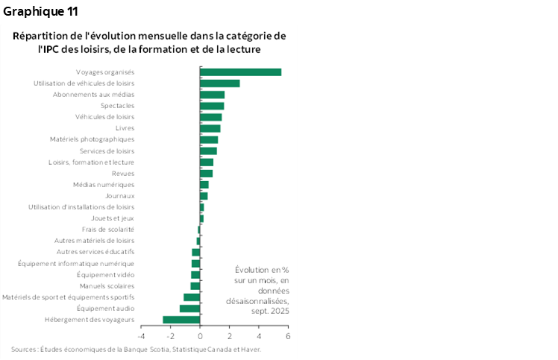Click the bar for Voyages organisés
[x=240, y=72]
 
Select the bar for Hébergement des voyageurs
[x=181, y=320]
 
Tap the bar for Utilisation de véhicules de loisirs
[x=219, y=83]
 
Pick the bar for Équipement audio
[x=189, y=309]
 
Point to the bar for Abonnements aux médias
[x=212, y=95]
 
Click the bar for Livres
[x=210, y=128]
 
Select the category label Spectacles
[x=117, y=106]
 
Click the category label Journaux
[x=119, y=196]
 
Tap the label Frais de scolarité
[x=108, y=230]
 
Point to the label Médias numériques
[x=104, y=184]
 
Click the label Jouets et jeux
[x=113, y=218]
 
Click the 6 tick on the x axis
[x=288, y=337]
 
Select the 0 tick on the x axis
[x=200, y=337]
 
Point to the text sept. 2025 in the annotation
[x=272, y=312]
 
